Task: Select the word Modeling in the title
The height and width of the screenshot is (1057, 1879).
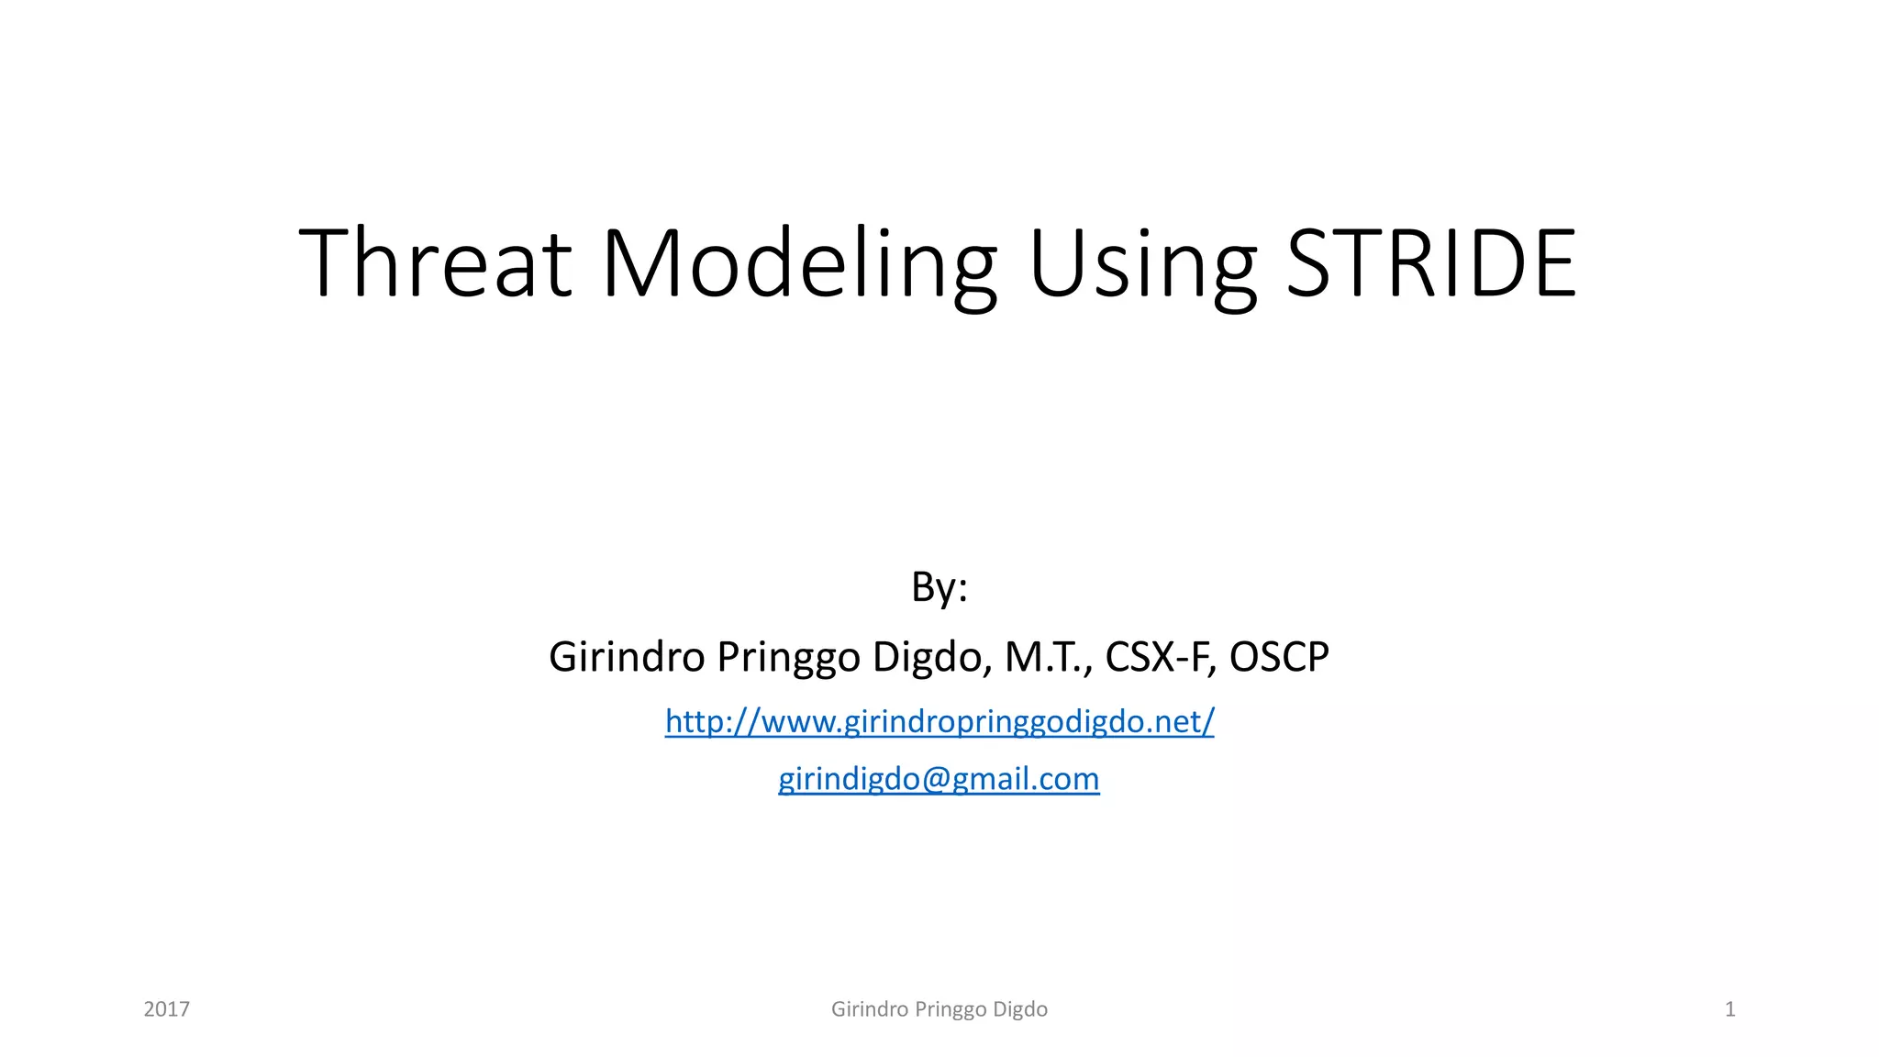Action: click(798, 266)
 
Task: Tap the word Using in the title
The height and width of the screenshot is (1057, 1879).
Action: click(1142, 266)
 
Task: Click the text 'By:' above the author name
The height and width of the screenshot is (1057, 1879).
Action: click(939, 587)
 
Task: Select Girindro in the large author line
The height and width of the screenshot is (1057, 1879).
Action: click(627, 657)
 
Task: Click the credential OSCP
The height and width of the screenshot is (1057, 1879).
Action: click(1279, 657)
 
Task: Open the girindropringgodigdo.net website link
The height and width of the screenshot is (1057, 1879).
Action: click(939, 722)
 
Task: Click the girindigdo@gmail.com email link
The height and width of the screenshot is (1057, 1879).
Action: click(939, 779)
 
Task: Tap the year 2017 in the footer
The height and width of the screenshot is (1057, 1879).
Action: click(167, 1009)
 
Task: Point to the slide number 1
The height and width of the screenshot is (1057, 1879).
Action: click(1729, 1009)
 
